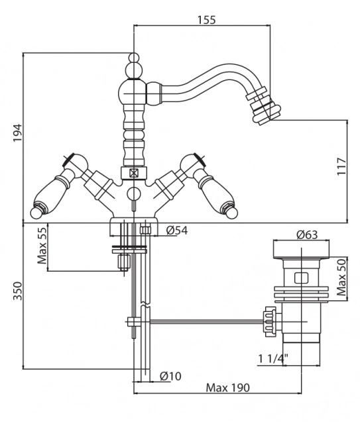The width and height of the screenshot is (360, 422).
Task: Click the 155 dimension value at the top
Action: (x=207, y=20)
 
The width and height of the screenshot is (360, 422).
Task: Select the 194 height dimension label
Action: (x=17, y=133)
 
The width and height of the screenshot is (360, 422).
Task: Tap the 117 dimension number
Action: (x=341, y=166)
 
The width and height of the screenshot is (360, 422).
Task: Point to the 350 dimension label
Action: (x=18, y=291)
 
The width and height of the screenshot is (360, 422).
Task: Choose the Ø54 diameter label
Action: (x=176, y=231)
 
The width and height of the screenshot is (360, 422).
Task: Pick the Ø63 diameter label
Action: (x=307, y=235)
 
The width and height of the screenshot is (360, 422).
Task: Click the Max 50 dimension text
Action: (x=341, y=278)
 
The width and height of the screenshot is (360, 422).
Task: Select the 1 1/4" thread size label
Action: (x=273, y=359)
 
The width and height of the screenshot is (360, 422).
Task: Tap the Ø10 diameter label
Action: (x=170, y=376)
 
